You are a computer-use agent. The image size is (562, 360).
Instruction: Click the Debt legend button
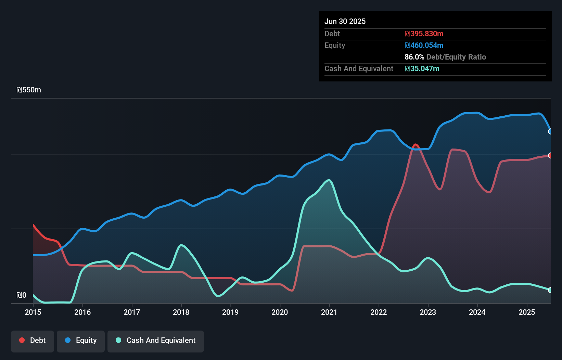point(33,341)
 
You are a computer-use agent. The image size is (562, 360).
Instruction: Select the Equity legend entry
point(81,341)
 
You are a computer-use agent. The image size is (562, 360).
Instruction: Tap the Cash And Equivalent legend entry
point(156,341)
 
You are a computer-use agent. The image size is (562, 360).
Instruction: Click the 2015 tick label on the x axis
point(33,312)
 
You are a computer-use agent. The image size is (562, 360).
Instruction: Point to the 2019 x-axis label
point(230,312)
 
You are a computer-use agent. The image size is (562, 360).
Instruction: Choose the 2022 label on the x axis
point(379,312)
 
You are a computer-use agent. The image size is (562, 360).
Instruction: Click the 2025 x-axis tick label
point(527,312)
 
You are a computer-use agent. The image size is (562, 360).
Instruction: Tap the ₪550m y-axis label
point(29,90)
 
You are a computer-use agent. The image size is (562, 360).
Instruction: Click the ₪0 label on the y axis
point(21,295)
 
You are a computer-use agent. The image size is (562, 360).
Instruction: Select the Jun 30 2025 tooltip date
point(345,21)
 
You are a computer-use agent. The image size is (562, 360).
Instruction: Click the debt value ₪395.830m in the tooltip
point(424,34)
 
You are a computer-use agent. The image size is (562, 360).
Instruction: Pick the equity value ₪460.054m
point(424,45)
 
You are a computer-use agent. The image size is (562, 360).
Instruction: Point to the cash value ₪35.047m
point(422,68)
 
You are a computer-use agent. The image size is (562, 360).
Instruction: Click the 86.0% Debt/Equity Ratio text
point(445,57)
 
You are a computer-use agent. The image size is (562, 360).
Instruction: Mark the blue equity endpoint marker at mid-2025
point(550,131)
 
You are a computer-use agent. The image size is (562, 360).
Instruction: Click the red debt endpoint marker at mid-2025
point(550,155)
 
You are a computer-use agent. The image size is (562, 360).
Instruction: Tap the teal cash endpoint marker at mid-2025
point(550,290)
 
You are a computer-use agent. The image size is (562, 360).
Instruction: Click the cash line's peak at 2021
point(329,180)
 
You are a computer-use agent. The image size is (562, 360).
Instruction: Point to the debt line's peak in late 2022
point(416,145)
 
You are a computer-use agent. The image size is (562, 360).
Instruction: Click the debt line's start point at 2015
point(33,225)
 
